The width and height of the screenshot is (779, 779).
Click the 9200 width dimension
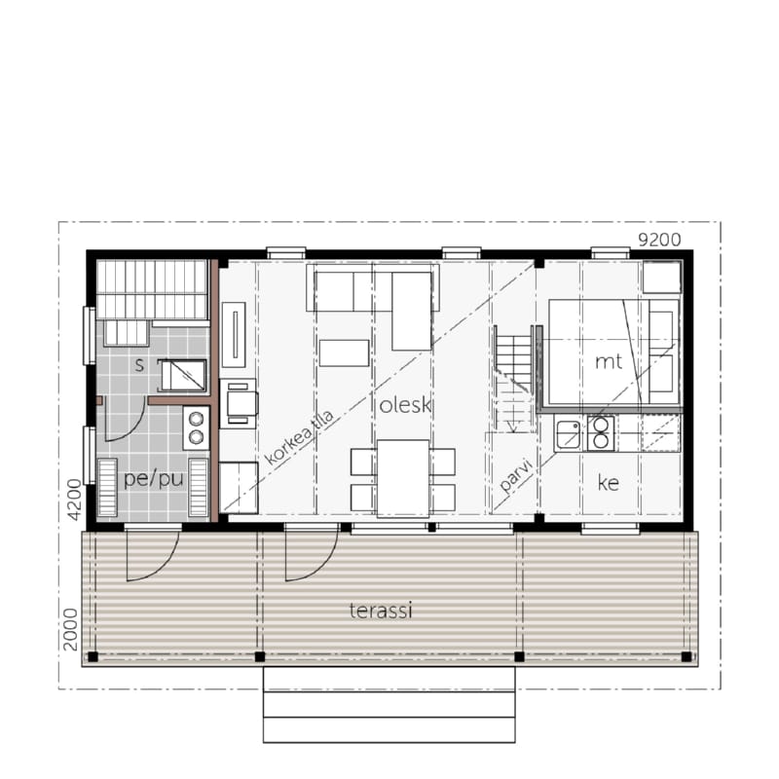tap(659, 240)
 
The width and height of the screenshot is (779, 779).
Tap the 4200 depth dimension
tap(74, 500)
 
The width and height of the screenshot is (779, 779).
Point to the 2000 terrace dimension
tap(70, 629)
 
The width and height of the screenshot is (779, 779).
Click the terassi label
tap(381, 611)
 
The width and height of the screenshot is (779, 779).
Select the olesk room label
tap(405, 405)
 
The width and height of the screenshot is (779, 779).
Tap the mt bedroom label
tap(609, 361)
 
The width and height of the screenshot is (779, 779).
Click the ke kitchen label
tap(609, 482)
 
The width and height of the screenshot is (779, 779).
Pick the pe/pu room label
tap(154, 479)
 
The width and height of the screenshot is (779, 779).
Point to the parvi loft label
tap(516, 475)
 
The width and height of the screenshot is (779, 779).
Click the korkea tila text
tap(300, 437)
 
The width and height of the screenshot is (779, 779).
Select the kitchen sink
tap(569, 433)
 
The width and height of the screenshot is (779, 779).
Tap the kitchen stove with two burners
tap(601, 433)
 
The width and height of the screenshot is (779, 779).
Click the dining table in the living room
tap(403, 479)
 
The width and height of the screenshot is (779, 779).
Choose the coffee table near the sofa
tap(345, 352)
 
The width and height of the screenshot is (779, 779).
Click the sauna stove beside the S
tap(183, 376)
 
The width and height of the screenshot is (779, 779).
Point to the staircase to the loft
tap(513, 380)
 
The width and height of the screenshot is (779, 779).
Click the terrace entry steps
tap(389, 704)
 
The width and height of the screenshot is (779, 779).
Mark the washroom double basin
tap(197, 427)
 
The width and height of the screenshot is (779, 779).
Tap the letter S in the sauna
tap(139, 365)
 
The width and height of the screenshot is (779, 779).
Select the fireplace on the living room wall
tap(234, 334)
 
